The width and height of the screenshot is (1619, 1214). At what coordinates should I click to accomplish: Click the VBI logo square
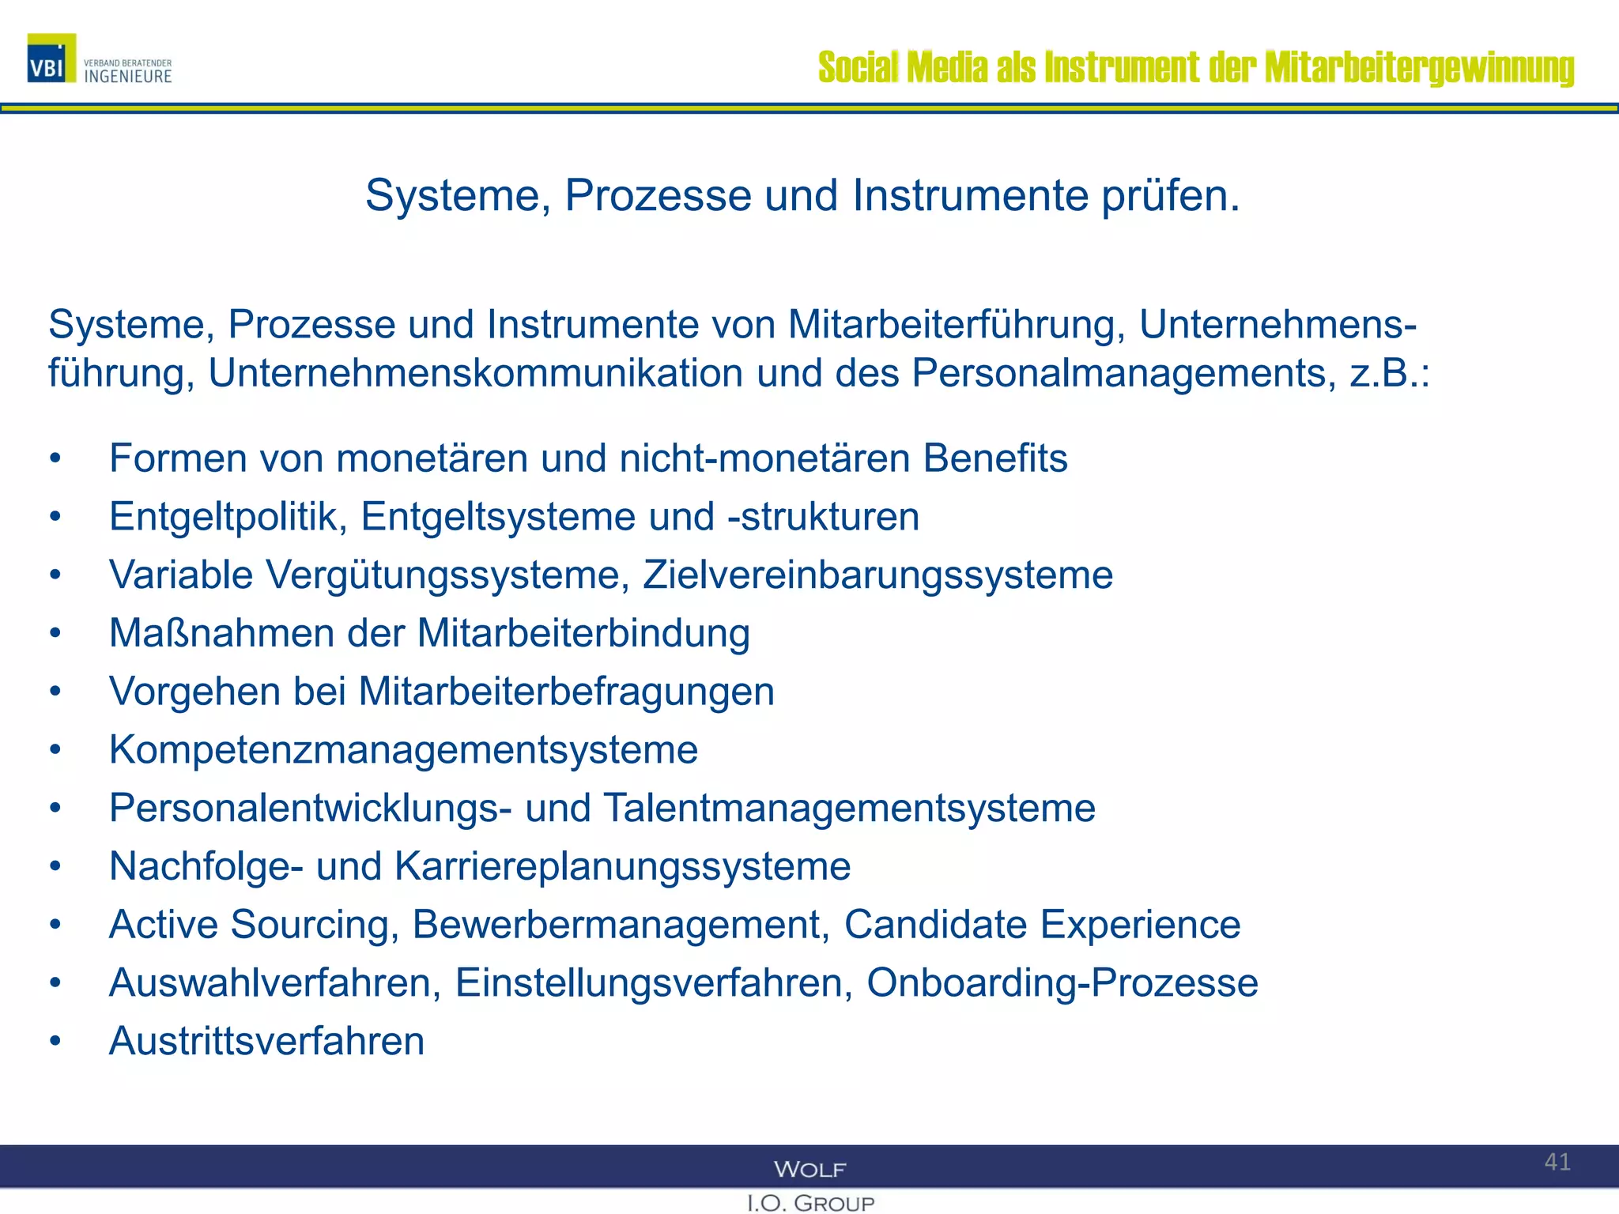[51, 58]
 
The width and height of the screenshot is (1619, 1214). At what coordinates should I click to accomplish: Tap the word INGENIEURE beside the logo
[128, 77]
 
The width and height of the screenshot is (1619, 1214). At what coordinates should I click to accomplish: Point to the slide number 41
[1557, 1162]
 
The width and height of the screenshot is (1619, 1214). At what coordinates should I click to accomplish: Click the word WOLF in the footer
[810, 1169]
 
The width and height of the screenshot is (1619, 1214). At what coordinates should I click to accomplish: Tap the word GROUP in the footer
[834, 1204]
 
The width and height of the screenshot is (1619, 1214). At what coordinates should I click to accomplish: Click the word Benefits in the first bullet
[995, 458]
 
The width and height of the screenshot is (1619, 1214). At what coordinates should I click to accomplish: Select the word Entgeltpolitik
[228, 517]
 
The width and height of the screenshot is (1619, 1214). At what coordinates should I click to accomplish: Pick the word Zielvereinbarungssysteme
[877, 575]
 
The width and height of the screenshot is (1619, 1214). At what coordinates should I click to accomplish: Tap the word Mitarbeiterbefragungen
[566, 692]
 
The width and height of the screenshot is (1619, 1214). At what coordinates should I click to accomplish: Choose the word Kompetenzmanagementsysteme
[403, 750]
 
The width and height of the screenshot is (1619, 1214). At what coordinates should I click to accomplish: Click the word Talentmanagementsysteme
[850, 808]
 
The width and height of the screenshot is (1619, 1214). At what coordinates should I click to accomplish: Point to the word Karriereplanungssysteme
[622, 866]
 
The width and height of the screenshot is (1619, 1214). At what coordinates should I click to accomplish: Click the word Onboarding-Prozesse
[1062, 983]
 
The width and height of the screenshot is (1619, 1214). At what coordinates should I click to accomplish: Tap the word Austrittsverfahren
[266, 1041]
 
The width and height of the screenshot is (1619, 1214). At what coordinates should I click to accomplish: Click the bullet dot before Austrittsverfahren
[55, 1041]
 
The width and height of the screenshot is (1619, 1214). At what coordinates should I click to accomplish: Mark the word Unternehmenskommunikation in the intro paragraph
[475, 373]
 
